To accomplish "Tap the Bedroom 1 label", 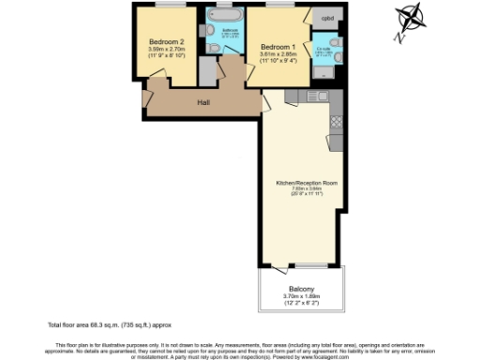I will click(x=278, y=48).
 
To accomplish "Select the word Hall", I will click(x=202, y=101).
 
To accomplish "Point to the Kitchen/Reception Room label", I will click(x=299, y=183).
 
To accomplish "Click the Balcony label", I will click(x=301, y=289).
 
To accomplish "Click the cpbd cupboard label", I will click(x=327, y=18).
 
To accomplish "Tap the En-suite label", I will click(x=325, y=48).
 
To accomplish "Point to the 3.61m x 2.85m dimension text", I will click(x=278, y=55).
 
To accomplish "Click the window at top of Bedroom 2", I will click(x=170, y=6).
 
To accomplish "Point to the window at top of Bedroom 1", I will click(x=278, y=6).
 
